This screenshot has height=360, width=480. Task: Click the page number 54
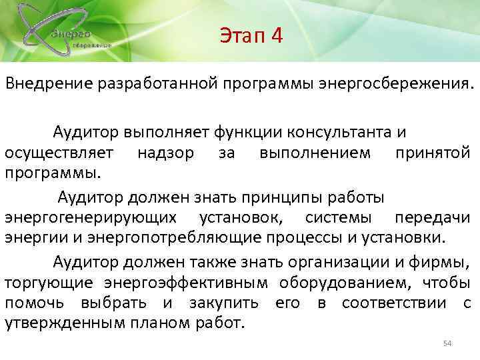(x=447, y=343)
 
